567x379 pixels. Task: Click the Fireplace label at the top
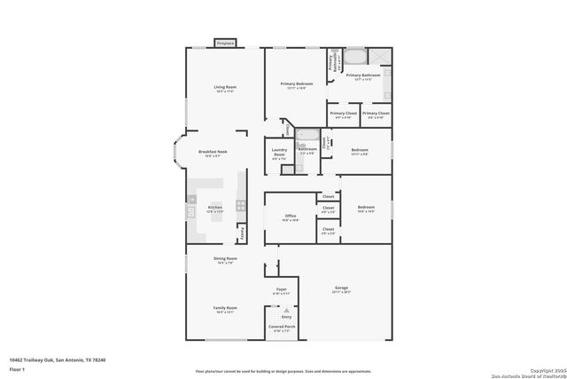click(226, 43)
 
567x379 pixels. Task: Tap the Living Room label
click(225, 87)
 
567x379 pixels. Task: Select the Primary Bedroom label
click(296, 85)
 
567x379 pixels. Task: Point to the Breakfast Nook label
click(212, 154)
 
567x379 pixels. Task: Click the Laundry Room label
click(278, 154)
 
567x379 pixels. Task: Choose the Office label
click(290, 216)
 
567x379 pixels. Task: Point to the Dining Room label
click(225, 260)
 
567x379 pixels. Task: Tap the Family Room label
click(225, 309)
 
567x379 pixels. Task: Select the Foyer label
click(282, 290)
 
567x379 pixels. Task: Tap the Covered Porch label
click(282, 328)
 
